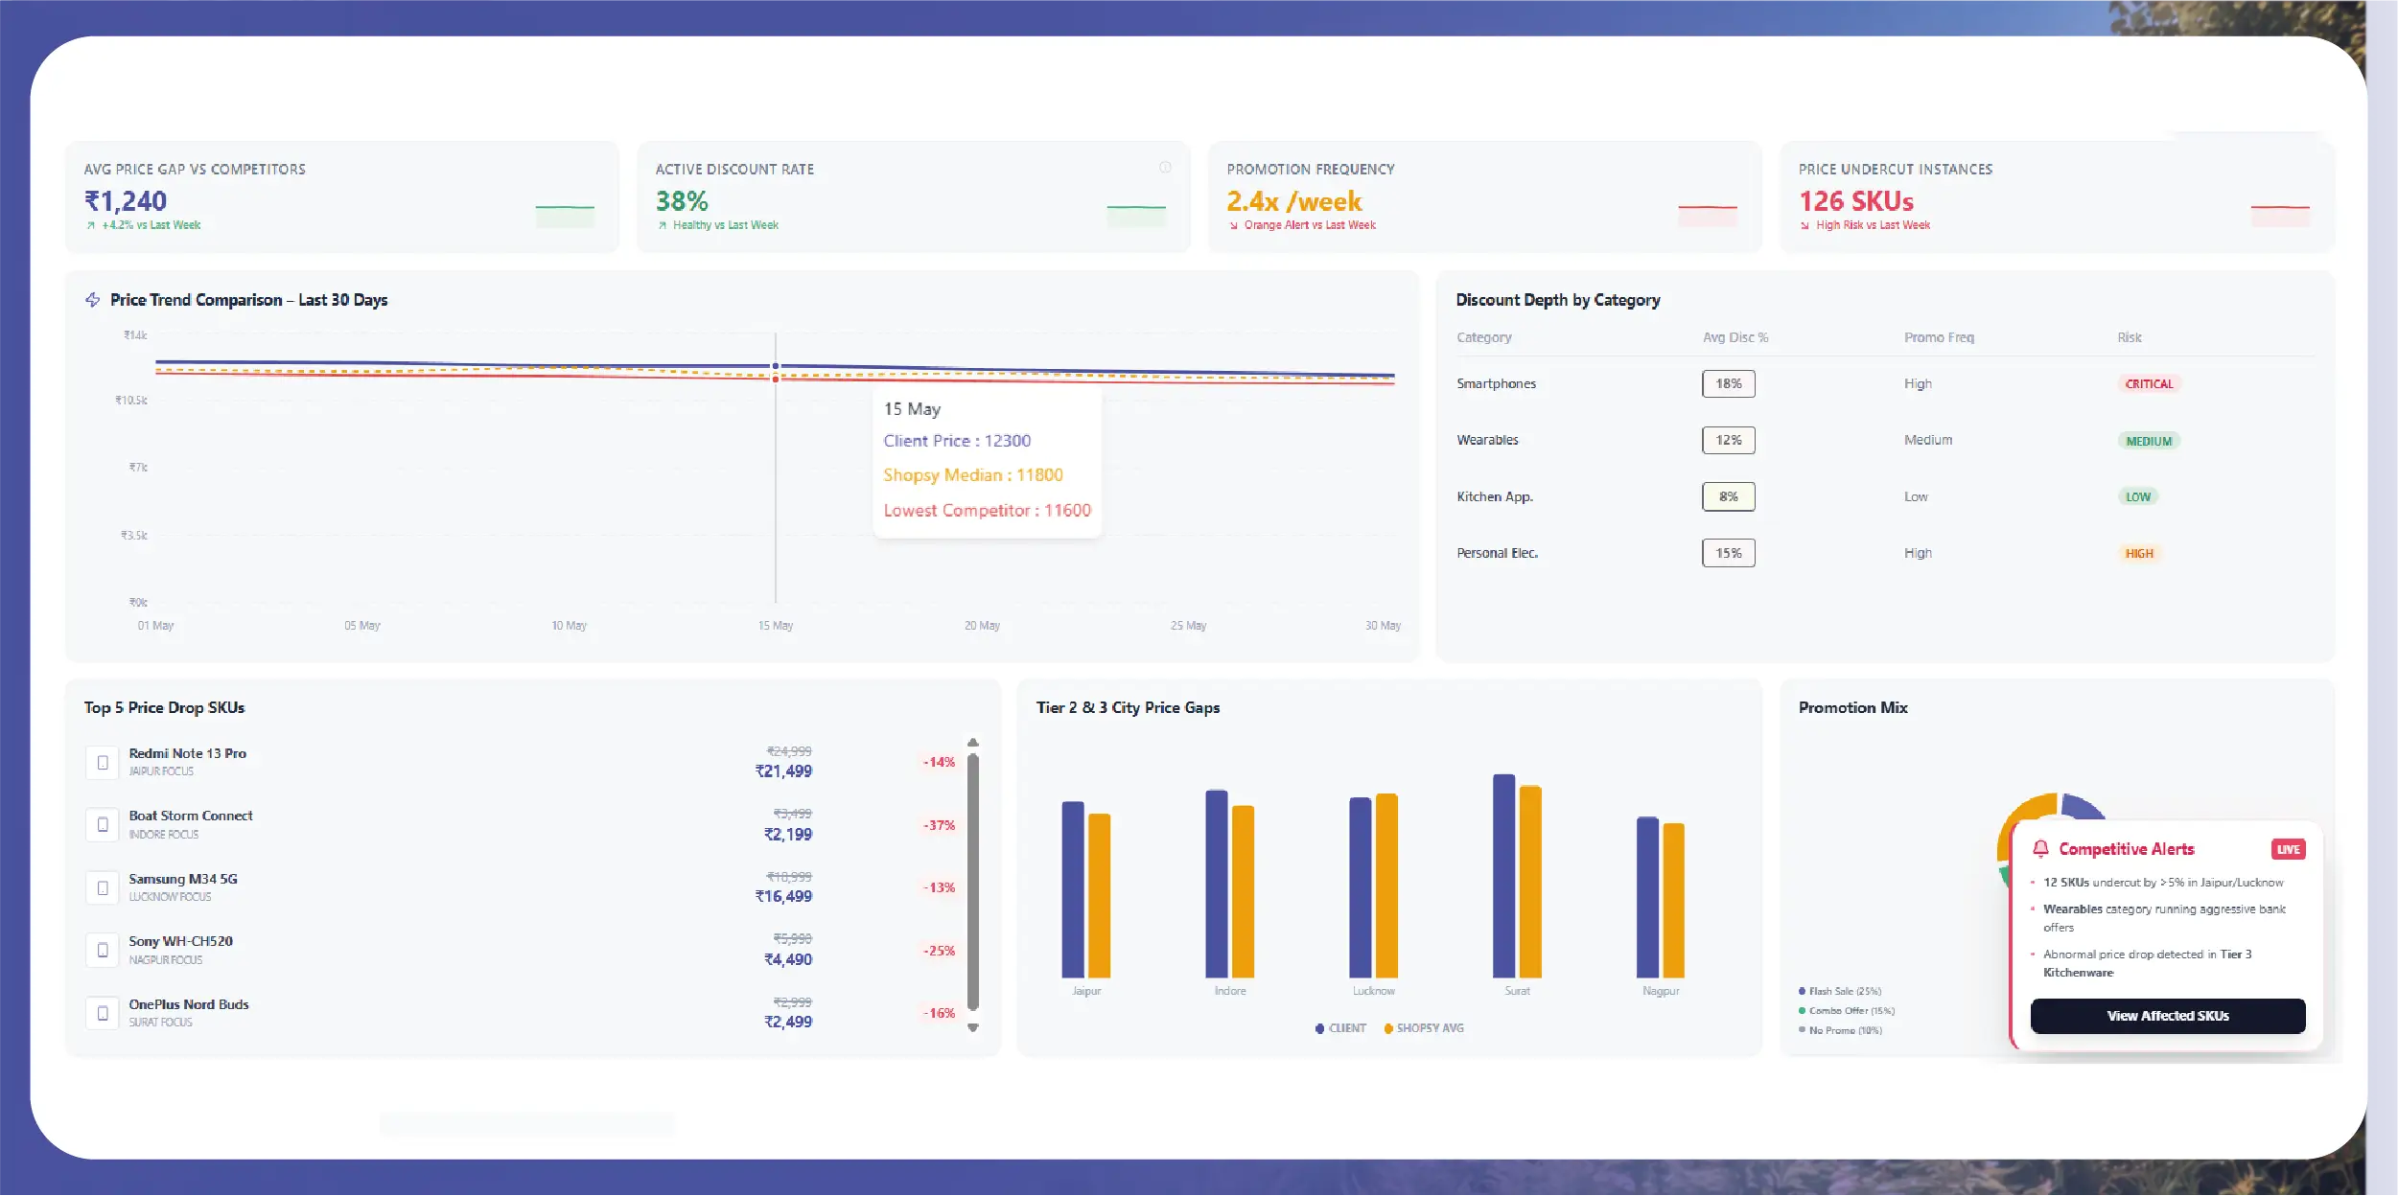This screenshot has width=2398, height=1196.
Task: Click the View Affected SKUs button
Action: [2167, 1016]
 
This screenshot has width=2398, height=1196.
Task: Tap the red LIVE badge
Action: [2288, 849]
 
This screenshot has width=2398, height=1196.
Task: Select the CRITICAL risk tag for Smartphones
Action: [2149, 384]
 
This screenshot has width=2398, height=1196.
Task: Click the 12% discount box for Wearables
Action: [1728, 440]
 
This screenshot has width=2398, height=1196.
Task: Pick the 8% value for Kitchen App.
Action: [1728, 496]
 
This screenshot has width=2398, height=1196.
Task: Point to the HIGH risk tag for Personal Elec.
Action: [2139, 554]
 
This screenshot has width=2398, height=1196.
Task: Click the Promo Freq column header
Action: [1939, 337]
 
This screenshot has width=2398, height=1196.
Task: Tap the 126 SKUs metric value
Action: [1855, 201]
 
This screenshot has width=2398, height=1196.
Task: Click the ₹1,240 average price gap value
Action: [126, 201]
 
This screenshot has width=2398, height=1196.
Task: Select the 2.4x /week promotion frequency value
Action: [1293, 201]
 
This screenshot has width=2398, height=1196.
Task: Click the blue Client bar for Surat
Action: [1503, 876]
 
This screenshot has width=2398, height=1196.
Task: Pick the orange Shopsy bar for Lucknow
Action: [1386, 885]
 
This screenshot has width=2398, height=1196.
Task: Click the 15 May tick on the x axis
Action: [776, 626]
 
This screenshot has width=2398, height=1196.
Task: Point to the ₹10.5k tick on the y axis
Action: [131, 401]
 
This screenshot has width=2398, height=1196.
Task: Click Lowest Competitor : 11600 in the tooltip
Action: [987, 511]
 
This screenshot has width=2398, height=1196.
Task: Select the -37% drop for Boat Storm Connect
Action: [939, 825]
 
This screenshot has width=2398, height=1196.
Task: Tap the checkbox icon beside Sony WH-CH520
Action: [103, 950]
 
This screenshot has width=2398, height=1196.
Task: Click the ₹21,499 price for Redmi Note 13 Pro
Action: [783, 771]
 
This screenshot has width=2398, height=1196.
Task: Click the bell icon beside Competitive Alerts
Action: [2040, 849]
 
